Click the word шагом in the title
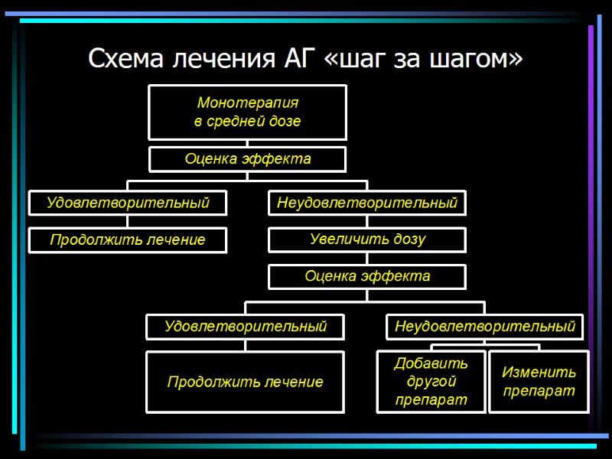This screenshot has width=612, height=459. [477, 58]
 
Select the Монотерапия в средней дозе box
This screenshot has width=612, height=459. [247, 112]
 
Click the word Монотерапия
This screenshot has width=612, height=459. [247, 103]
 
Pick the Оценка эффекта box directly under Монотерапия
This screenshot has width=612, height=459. [247, 159]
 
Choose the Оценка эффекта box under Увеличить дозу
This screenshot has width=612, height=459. [367, 276]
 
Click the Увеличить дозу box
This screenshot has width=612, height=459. [367, 239]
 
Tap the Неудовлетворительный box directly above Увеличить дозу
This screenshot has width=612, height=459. [367, 203]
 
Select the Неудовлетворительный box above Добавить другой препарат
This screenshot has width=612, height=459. [484, 327]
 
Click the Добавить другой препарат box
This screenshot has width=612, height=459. [431, 381]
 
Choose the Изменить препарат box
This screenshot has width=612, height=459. [539, 381]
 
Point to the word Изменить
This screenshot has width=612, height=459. [539, 373]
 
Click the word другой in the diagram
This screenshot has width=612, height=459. [431, 381]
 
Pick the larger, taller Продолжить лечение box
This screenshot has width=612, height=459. [245, 382]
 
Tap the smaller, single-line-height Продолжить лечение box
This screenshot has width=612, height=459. [128, 239]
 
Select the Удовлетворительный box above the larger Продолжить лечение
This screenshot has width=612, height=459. [245, 327]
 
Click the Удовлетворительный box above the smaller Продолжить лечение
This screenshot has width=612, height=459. [128, 203]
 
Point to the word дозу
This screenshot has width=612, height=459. [409, 239]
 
